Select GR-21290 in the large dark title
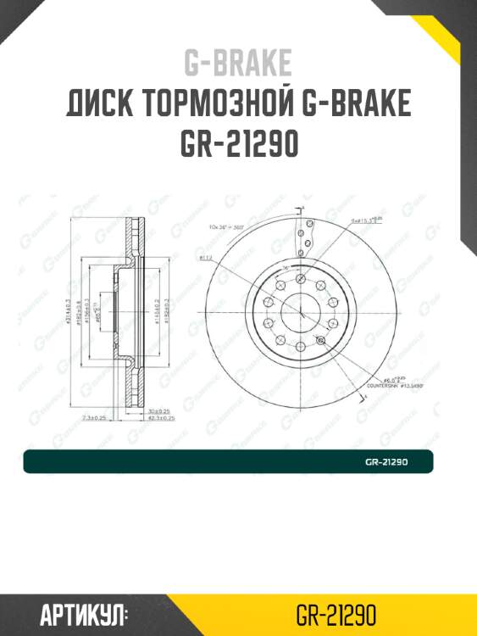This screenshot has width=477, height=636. tap(238, 145)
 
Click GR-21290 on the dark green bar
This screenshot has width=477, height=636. tap(387, 462)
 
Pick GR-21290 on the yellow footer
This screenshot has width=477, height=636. tap(336, 615)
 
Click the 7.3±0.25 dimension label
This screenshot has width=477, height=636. tap(93, 418)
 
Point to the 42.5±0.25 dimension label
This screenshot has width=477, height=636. tap(161, 418)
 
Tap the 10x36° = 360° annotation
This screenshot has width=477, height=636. tap(226, 226)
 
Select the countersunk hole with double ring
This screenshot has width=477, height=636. tap(319, 341)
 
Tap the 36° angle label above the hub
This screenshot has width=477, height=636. tap(286, 269)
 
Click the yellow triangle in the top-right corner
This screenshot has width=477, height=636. tap(453, 21)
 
